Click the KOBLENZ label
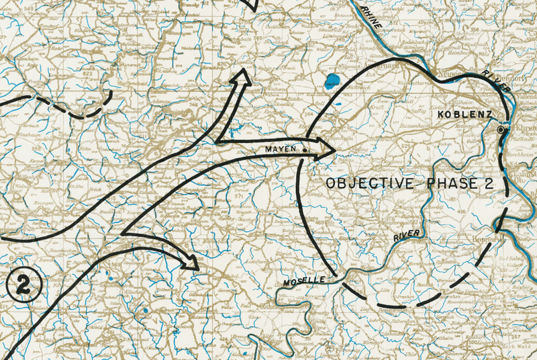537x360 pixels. click(465, 115)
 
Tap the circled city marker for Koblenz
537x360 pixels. click(501, 129)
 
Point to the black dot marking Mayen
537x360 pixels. click(305, 150)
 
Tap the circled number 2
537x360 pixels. click(25, 286)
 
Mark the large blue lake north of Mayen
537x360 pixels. click(331, 83)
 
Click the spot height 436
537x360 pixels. click(461, 212)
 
